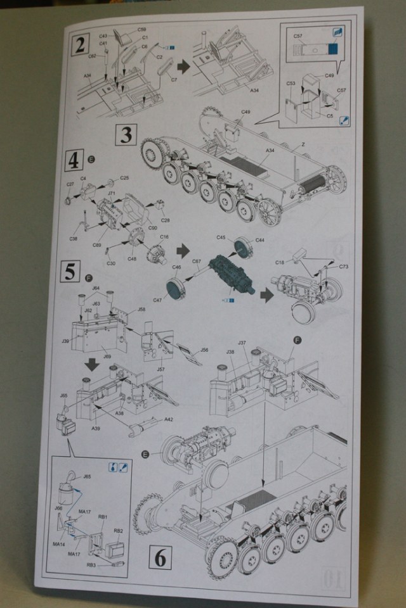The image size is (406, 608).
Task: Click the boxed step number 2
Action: pos(81,44)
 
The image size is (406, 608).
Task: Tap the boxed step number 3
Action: pos(126,135)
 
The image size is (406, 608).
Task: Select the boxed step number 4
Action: pos(74,161)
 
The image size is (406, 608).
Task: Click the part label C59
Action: pos(141,30)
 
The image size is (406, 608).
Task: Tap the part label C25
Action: pos(124,179)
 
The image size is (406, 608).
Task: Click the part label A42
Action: pos(169,421)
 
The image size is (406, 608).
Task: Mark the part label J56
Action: pos(204,350)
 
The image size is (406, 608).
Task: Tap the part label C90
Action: pos(153,227)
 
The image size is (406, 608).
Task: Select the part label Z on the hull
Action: pos(304,144)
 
